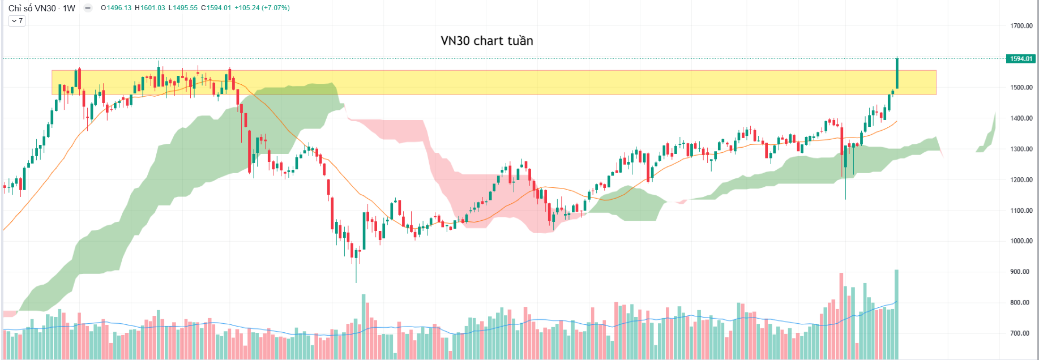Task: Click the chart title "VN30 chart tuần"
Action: pyautogui.click(x=487, y=41)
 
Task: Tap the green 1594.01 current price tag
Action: pyautogui.click(x=1021, y=59)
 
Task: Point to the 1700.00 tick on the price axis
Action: pyautogui.click(x=1021, y=26)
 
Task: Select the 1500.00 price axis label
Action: pyautogui.click(x=1021, y=88)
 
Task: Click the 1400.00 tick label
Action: pyautogui.click(x=1021, y=118)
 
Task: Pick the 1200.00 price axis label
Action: pyautogui.click(x=1021, y=180)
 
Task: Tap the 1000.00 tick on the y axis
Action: pyautogui.click(x=1021, y=241)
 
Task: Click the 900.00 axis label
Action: pyautogui.click(x=1021, y=272)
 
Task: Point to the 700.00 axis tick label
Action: pyautogui.click(x=1021, y=333)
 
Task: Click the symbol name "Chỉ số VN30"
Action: pyautogui.click(x=32, y=8)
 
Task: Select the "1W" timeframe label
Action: pyautogui.click(x=69, y=8)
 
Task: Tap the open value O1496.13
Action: pyautogui.click(x=116, y=8)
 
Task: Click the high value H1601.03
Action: pyautogui.click(x=150, y=8)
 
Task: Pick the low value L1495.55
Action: pyautogui.click(x=183, y=8)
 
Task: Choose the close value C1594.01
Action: pyautogui.click(x=216, y=8)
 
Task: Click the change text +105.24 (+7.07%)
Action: pyautogui.click(x=262, y=8)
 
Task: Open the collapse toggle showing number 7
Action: pyautogui.click(x=17, y=21)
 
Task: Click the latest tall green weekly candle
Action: pyautogui.click(x=897, y=74)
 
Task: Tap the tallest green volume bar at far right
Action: pyautogui.click(x=896, y=314)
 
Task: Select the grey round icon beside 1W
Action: pyautogui.click(x=88, y=8)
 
